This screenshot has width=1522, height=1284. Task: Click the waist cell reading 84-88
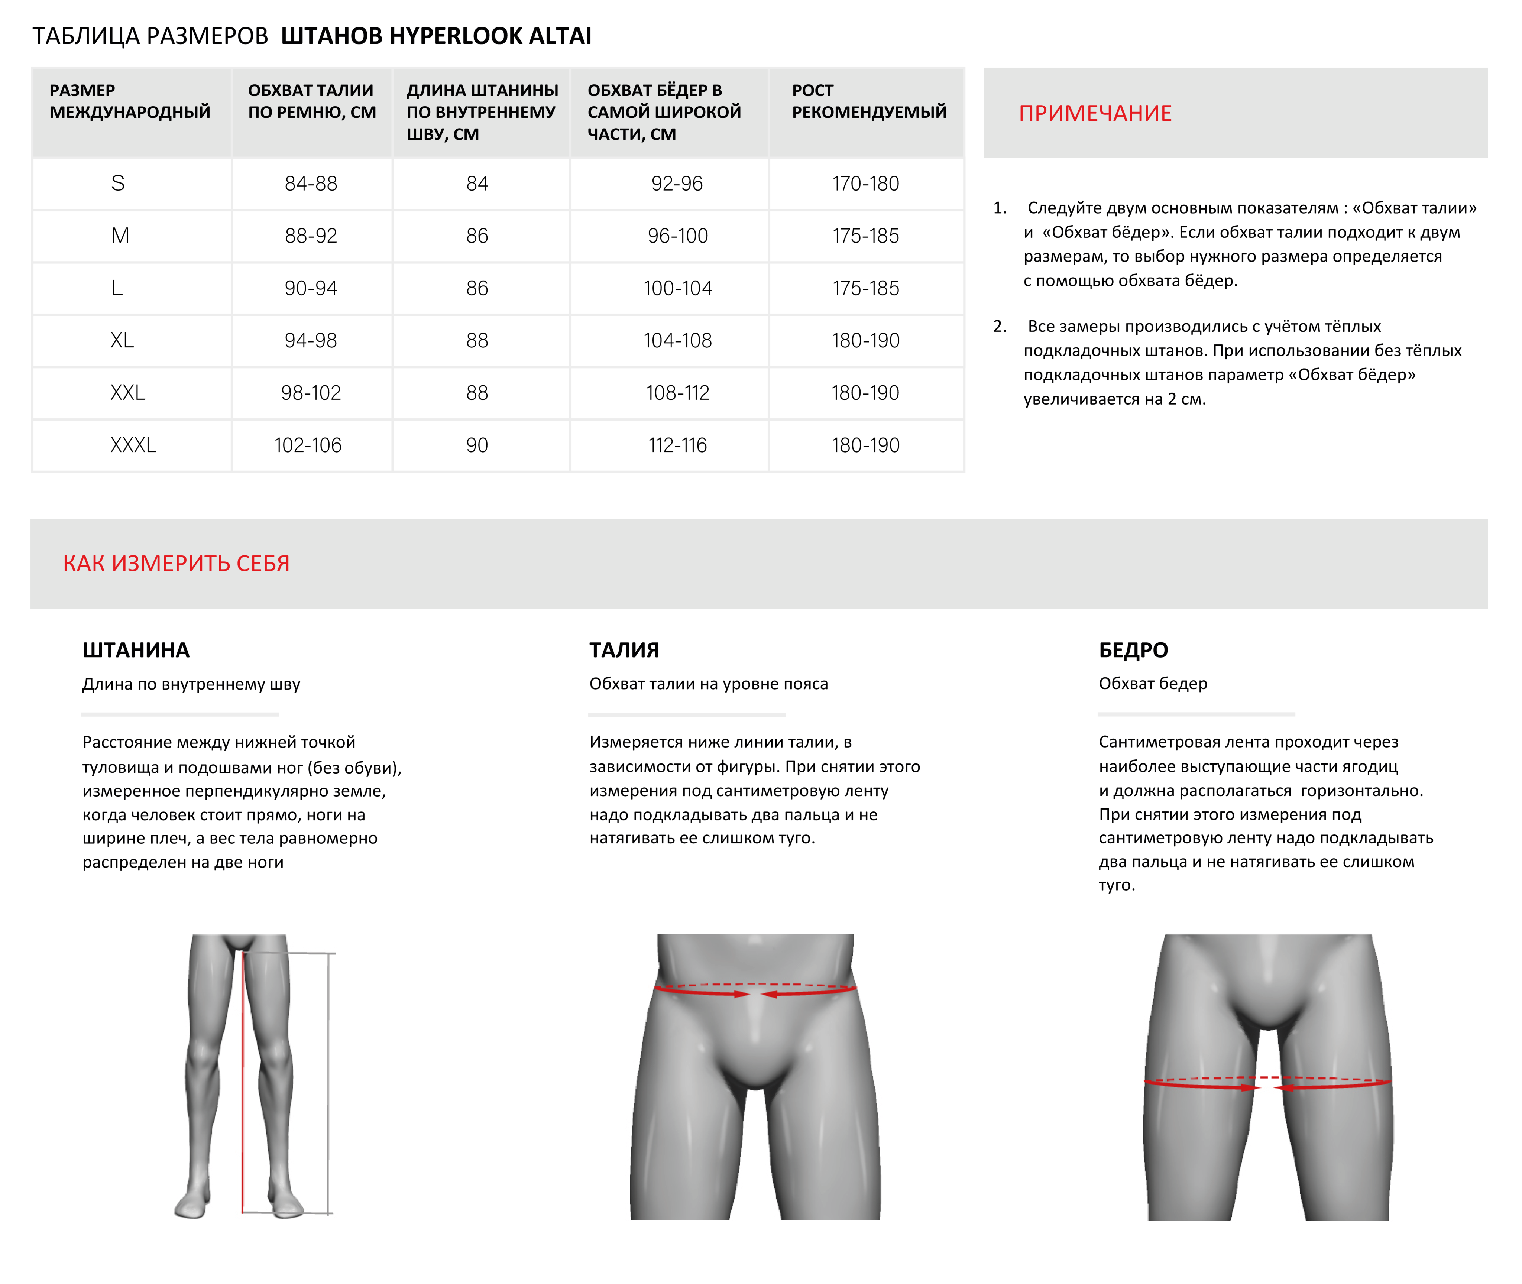(x=311, y=184)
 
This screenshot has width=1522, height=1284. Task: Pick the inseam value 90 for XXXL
(x=477, y=445)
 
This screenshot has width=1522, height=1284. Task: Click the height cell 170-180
(x=865, y=184)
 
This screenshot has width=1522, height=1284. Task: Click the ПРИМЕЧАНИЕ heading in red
(x=1095, y=114)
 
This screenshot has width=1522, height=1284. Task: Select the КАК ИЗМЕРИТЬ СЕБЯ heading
(x=176, y=563)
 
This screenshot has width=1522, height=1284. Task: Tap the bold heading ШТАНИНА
(x=136, y=650)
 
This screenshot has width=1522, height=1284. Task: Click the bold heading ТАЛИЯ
(x=624, y=650)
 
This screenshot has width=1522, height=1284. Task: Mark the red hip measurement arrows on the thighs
(x=1267, y=1084)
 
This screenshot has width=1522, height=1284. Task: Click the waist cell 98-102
(x=311, y=393)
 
